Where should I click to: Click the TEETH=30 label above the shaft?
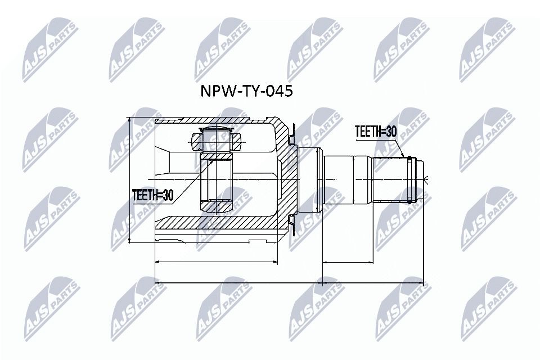click(376, 132)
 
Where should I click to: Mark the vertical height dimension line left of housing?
click(130, 180)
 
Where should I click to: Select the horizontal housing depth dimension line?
click(217, 262)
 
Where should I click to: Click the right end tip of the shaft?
click(422, 180)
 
